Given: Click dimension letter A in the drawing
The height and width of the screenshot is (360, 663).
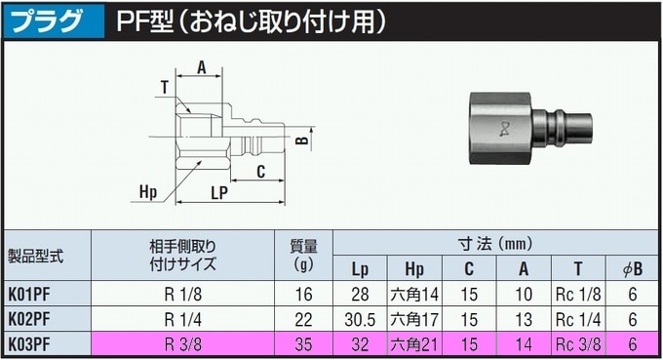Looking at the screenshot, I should coord(201,67).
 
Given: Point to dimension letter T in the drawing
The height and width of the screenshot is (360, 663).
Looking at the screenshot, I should coord(165,88).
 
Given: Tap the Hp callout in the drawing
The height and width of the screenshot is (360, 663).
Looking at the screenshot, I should coord(148,189).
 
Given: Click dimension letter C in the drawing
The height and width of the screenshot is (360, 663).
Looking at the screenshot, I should coord(261,172).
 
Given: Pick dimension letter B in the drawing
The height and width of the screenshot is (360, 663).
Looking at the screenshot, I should coord(302,141).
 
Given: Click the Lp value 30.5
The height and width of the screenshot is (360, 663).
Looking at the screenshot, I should coord(360,319).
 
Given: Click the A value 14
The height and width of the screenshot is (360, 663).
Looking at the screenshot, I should coord(524,342).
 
